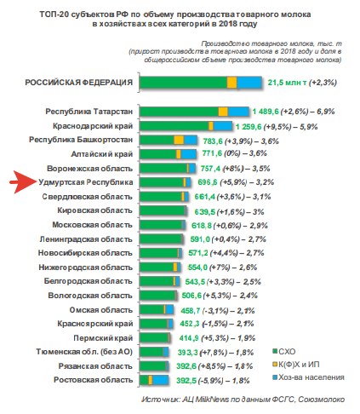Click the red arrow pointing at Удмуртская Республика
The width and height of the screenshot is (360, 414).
(x=23, y=181)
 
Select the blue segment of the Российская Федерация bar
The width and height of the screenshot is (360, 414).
(x=249, y=83)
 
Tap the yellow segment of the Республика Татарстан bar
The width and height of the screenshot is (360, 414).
(x=223, y=112)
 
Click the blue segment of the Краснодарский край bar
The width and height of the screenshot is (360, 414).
(x=222, y=126)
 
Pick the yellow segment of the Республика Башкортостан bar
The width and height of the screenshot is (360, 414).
(x=179, y=140)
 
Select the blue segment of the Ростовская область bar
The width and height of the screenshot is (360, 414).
(x=160, y=380)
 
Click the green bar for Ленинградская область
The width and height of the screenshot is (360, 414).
(x=160, y=239)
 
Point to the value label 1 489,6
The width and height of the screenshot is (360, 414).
(x=266, y=112)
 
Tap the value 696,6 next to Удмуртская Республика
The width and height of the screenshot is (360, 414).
(x=208, y=182)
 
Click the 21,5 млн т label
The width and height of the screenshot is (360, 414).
(x=287, y=83)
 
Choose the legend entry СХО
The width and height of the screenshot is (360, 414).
(x=284, y=352)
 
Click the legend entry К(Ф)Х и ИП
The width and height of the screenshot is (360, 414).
(x=296, y=365)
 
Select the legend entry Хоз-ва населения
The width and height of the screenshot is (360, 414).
(x=308, y=377)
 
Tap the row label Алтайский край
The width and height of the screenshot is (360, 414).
(x=102, y=154)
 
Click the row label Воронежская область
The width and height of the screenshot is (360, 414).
(x=89, y=169)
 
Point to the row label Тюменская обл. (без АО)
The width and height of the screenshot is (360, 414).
(x=84, y=352)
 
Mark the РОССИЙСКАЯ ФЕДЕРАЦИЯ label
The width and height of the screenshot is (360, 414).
(x=79, y=83)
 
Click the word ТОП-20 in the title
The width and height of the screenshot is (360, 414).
(x=54, y=14)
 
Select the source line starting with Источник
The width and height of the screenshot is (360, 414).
(x=243, y=400)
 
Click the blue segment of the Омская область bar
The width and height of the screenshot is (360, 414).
(x=169, y=309)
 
